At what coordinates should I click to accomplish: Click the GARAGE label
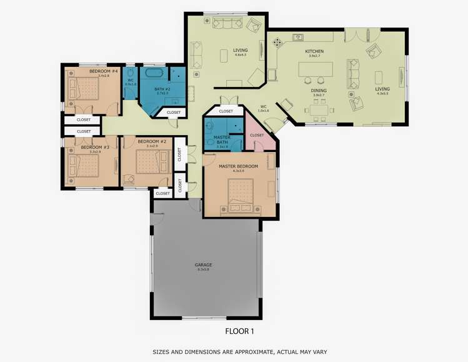[204, 265]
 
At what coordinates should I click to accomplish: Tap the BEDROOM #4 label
[104, 71]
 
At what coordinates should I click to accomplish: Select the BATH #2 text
[162, 90]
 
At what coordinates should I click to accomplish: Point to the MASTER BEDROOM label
[239, 166]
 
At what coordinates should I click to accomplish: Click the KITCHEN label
[314, 51]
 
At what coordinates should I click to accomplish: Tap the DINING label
[319, 90]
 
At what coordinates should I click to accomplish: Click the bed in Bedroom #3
[85, 167]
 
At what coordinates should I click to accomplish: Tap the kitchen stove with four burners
[278, 43]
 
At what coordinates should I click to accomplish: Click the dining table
[319, 112]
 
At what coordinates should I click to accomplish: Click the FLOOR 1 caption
[239, 331]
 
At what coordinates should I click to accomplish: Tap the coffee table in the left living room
[224, 56]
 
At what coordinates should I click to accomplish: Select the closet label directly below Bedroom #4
[84, 119]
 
